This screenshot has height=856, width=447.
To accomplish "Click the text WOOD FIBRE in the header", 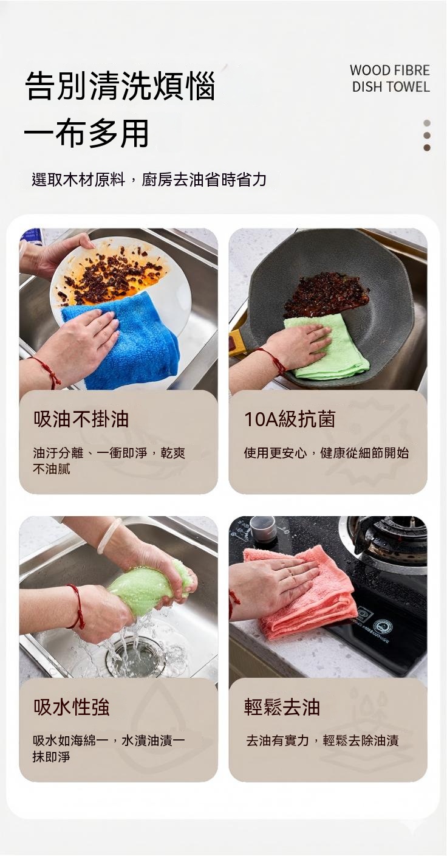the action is click(389, 71).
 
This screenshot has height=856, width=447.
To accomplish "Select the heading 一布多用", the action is click(86, 133).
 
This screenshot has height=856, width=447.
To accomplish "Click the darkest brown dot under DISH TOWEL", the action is click(427, 148).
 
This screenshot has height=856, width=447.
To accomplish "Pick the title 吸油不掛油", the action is click(81, 419).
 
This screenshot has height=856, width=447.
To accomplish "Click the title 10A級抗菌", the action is click(290, 419).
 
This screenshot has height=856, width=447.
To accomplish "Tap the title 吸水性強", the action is click(72, 707).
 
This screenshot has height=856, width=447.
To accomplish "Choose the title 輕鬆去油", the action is click(282, 707).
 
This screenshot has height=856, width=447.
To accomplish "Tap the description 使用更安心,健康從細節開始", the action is click(326, 453).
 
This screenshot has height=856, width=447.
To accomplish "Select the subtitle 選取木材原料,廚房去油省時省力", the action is click(149, 179).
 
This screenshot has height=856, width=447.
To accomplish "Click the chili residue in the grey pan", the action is click(326, 294).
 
